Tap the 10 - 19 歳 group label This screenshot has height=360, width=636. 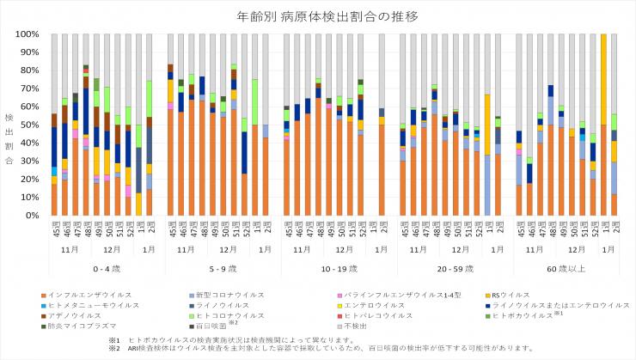pos(335,268)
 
